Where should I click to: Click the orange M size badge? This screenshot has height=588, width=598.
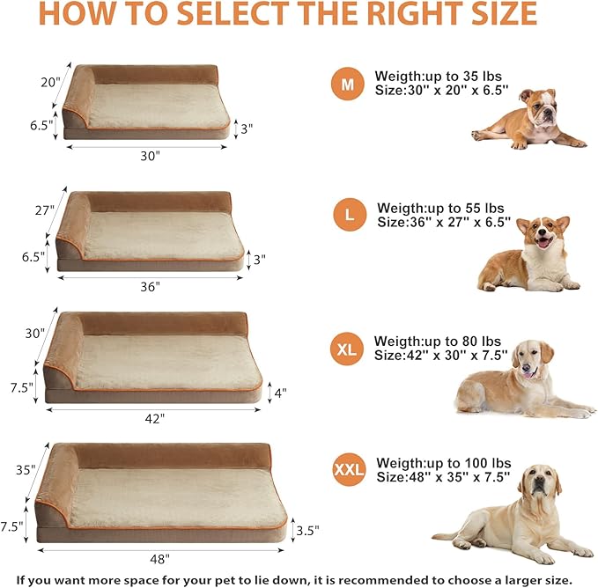pos(348,85)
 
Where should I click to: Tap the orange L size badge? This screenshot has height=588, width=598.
pos(350,215)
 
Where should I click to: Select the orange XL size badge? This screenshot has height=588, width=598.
pos(347,349)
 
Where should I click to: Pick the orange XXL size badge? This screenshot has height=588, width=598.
pos(349,469)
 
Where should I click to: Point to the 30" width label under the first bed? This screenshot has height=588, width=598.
pos(150,156)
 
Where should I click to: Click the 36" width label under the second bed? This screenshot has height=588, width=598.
pos(150,287)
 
